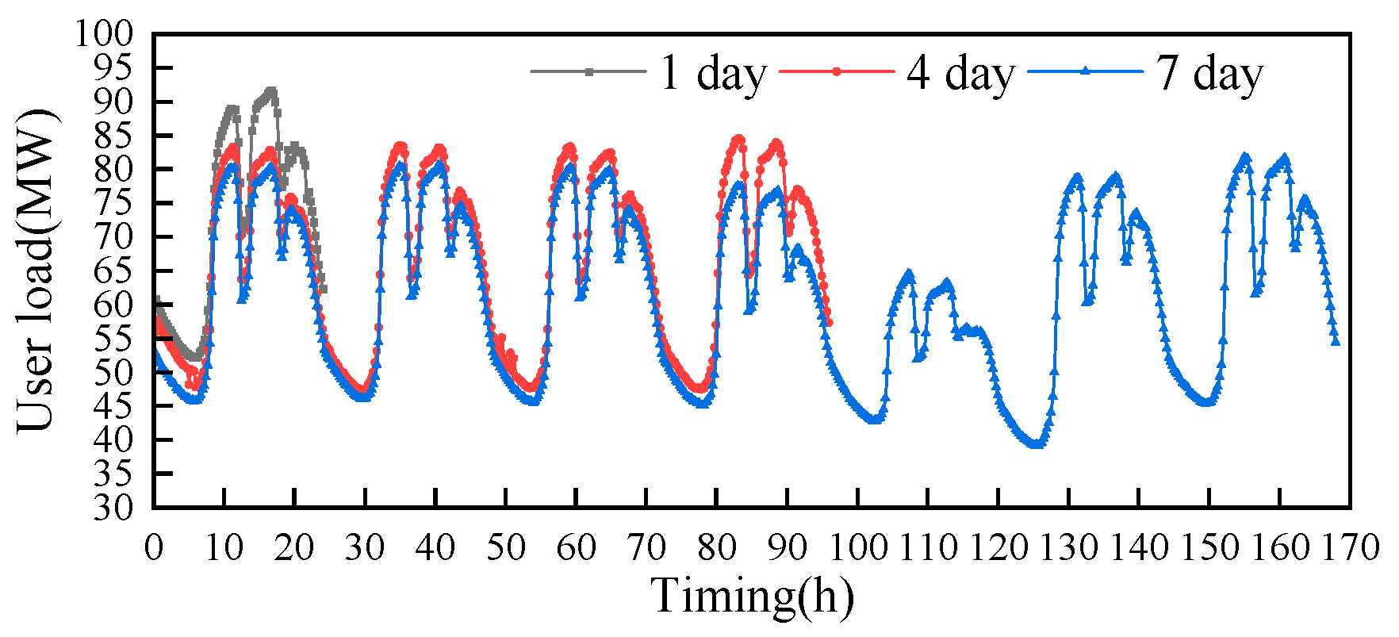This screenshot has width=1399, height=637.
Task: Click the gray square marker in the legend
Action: [588, 71]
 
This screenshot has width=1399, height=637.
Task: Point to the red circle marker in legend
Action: [837, 71]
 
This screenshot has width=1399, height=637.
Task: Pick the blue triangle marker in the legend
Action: [1086, 71]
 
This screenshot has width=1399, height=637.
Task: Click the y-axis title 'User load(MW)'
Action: [36, 270]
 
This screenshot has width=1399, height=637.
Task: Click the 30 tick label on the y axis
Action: [113, 508]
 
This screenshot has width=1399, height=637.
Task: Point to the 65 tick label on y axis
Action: [113, 271]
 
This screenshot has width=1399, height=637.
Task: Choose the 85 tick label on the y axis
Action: [113, 136]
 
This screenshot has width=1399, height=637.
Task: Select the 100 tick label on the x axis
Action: [857, 547]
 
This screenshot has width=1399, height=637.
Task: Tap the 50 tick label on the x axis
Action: [505, 547]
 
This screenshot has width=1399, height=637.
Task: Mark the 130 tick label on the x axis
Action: [1068, 547]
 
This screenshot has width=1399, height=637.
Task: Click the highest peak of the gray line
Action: [272, 90]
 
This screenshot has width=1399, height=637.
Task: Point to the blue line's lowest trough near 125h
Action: [1035, 445]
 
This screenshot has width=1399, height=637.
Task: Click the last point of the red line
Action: [829, 322]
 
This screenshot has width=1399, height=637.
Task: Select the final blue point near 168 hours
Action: [1336, 342]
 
